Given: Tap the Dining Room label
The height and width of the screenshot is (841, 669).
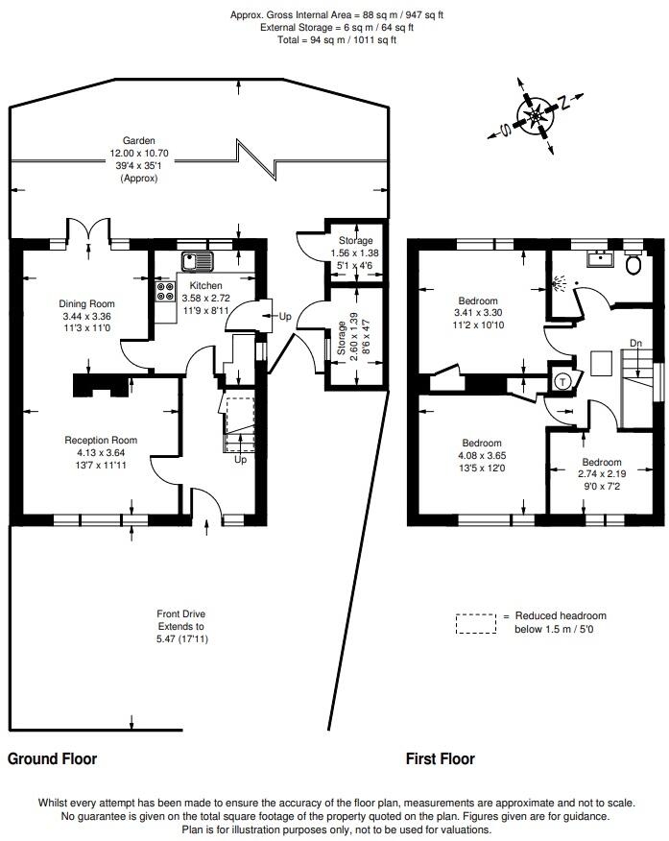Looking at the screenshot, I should click(86, 303).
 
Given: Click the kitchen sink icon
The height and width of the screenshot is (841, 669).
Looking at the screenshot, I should click(199, 260).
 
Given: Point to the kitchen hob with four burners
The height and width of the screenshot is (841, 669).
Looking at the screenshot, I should click(164, 292).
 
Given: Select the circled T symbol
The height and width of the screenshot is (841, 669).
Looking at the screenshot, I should click(561, 381).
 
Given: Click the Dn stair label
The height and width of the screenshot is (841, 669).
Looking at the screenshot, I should click(635, 343).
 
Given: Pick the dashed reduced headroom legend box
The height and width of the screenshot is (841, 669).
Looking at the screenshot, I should click(476, 624).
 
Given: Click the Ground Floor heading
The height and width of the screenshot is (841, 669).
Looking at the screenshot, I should click(53, 758).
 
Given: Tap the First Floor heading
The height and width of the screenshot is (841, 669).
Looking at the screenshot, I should click(441, 758).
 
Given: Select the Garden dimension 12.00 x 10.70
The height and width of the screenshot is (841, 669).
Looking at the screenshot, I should click(132, 153).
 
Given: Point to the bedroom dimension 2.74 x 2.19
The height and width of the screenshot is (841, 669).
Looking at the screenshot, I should click(602, 474).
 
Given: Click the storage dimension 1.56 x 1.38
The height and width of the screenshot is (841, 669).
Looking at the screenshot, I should click(356, 252).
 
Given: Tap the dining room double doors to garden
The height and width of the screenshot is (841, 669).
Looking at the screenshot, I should click(87, 231).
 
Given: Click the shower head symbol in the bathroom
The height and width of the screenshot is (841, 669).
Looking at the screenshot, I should click(560, 283).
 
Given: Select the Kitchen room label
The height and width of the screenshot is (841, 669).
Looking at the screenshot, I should click(205, 286).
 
